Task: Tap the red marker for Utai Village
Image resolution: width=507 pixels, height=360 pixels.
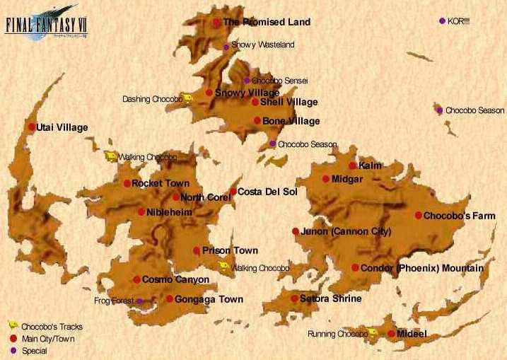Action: point(31,127)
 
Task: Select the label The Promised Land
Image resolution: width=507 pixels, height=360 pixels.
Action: point(267,22)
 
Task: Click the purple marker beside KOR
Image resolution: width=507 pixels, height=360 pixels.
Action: point(443,21)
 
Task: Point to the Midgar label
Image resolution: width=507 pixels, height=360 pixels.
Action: point(347,179)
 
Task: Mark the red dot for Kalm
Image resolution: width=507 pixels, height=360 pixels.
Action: point(352,166)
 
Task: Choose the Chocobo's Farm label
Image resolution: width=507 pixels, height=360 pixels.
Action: point(460,215)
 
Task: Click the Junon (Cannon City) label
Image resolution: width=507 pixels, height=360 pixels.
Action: point(346,231)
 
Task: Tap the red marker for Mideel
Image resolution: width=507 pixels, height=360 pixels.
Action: point(391,333)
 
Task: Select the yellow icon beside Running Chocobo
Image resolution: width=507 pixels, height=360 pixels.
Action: point(373,332)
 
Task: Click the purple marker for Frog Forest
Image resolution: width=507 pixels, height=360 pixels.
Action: point(139,301)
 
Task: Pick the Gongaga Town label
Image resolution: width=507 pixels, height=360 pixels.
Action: point(209,299)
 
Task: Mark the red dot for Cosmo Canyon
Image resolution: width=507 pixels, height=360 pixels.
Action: point(136,280)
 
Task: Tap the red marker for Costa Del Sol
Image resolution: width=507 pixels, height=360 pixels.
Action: point(233,192)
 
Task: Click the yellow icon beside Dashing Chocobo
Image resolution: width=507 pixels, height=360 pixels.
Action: point(187,98)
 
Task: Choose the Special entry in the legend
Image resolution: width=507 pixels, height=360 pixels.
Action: point(34,351)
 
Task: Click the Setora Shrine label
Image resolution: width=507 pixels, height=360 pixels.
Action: point(330,298)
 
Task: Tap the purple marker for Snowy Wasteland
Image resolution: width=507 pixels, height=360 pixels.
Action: point(226,47)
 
